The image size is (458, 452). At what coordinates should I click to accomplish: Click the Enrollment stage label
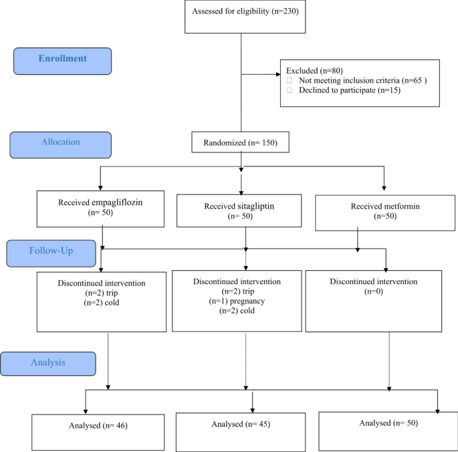click(62, 60)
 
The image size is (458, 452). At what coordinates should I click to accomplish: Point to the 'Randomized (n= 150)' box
click(241, 142)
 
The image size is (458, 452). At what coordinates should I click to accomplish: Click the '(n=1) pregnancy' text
click(245, 301)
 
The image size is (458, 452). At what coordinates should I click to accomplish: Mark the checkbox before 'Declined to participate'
click(290, 90)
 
